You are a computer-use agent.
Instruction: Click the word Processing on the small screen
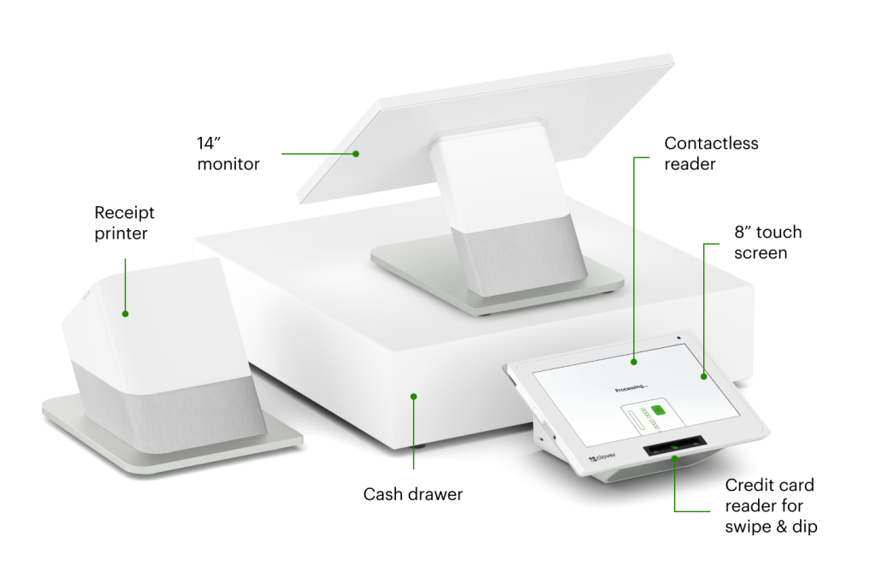point(633,390)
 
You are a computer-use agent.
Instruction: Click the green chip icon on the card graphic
point(658,410)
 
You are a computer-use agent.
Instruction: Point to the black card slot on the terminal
point(676,448)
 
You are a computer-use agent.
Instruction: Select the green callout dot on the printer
point(125,314)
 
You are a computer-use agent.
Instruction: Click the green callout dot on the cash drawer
point(413,396)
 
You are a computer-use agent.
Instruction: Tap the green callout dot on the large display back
point(357,154)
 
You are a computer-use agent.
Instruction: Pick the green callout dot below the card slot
point(675,460)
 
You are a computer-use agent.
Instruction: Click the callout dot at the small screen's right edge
point(703,375)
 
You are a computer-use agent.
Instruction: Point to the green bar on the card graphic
point(636,420)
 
